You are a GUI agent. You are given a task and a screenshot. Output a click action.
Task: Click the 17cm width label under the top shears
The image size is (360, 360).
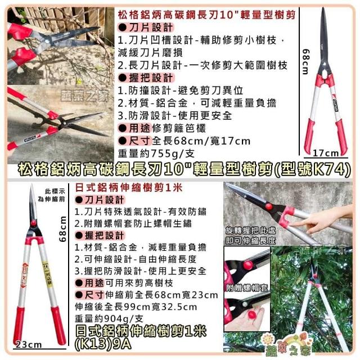click(x=326, y=153)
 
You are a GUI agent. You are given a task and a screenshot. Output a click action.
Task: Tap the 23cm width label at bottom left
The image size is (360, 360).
click(x=29, y=345)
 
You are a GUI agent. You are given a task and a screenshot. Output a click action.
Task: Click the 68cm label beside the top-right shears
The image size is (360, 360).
click(x=306, y=62)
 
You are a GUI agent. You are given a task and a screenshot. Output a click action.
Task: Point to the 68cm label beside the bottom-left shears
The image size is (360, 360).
click(x=62, y=229)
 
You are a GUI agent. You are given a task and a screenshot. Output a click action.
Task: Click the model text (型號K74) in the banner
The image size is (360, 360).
click(x=312, y=170)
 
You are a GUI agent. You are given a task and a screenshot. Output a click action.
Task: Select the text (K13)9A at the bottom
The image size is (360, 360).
click(x=103, y=344)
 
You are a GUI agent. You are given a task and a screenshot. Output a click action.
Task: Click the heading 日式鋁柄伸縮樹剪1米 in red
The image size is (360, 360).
click(x=129, y=188)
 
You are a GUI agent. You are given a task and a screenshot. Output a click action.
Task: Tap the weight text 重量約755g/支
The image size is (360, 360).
click(x=156, y=154)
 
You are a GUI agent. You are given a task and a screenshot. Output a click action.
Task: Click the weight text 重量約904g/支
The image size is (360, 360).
click(x=109, y=318)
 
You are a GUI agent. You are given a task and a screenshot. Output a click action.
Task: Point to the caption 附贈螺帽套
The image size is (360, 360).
click(x=247, y=287)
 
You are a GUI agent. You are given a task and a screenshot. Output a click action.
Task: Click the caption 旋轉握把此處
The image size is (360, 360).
click(x=250, y=231)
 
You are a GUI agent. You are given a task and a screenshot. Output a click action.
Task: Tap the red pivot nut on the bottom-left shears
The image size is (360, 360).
click(x=34, y=223)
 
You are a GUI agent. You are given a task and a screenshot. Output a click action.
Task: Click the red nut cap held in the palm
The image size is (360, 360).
click(x=252, y=314)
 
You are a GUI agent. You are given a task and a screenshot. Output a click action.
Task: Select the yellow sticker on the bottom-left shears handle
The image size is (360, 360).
click(x=48, y=274)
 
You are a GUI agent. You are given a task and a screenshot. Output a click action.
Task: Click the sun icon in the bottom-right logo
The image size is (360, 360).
click(x=268, y=339)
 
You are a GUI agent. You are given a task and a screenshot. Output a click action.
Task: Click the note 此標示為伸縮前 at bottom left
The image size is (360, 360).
click(x=51, y=195)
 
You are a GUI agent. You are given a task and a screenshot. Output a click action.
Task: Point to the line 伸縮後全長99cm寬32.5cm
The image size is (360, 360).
click(x=136, y=307)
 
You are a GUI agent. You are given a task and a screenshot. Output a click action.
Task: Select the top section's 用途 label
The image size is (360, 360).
click(x=139, y=128)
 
